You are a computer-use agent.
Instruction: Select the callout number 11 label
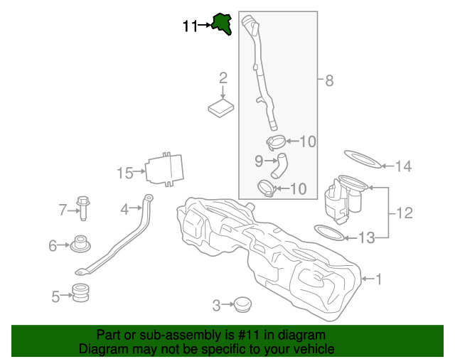pos(190,26)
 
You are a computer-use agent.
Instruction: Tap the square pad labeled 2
pos(222,108)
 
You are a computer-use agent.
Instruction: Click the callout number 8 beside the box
pos(328,81)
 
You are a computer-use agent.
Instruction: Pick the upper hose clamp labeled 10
pos(278,141)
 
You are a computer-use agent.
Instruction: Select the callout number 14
pos(403,167)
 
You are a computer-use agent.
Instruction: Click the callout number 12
pos(404,212)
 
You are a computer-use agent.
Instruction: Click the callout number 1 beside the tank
pos(378,279)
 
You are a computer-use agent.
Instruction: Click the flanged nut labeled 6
pos(80,244)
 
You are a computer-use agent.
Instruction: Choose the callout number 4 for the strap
pos(124,209)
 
